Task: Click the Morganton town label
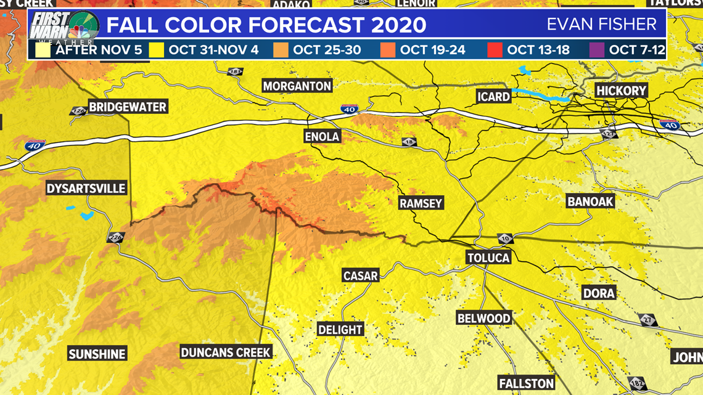coord(297,86)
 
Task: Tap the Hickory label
coord(621,91)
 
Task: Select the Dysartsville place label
coord(86,189)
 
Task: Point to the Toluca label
coord(488,258)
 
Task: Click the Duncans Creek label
coord(226,352)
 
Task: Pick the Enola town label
coord(322,136)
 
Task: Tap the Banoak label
coord(590,202)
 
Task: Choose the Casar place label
coord(360,275)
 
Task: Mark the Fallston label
coord(526,383)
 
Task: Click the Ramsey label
coord(421,203)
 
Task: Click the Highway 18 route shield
coord(409,142)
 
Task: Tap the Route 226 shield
coord(115,237)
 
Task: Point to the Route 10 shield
coord(506,239)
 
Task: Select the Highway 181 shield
coord(235,72)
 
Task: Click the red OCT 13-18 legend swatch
coord(495,50)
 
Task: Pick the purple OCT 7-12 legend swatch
coord(597,50)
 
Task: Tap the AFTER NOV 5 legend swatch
coord(43,50)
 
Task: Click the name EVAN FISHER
coord(601,25)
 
